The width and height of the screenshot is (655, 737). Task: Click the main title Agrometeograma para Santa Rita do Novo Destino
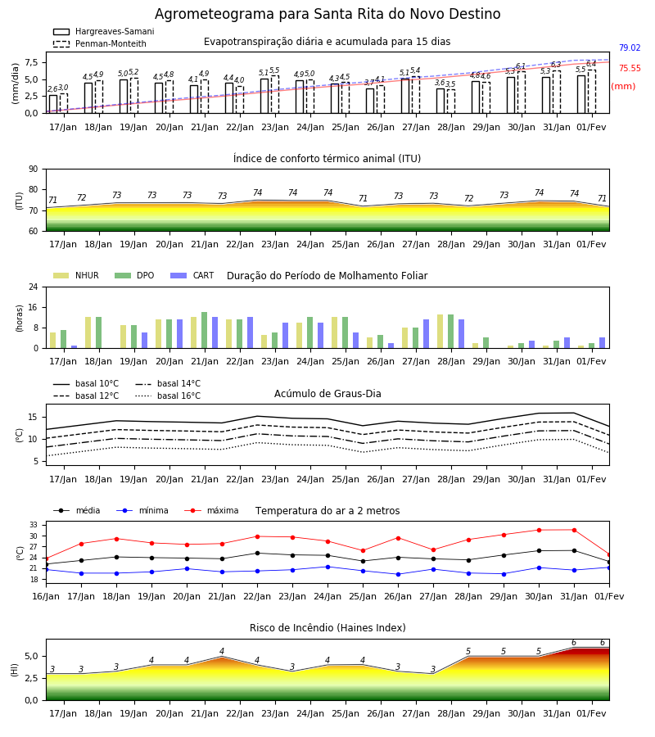click(x=327, y=14)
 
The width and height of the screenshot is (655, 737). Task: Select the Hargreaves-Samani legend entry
click(x=103, y=31)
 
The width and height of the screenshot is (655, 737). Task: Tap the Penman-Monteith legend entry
click(x=100, y=43)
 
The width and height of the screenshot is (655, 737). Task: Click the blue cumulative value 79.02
click(x=630, y=48)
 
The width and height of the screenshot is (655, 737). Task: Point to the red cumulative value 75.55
click(x=630, y=69)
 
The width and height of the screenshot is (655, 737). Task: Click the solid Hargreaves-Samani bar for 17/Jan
click(x=53, y=104)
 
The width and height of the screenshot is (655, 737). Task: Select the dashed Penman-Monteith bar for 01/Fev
click(x=592, y=92)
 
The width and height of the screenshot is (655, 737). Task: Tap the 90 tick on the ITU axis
click(x=34, y=170)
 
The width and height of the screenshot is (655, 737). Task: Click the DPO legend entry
click(x=134, y=275)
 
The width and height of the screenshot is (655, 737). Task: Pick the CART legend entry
click(x=192, y=275)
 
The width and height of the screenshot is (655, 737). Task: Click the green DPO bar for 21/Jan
click(x=205, y=331)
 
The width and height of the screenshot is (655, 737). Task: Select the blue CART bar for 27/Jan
click(x=427, y=334)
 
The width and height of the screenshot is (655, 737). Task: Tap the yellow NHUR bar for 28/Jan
click(x=440, y=332)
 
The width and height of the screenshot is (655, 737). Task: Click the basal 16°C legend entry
click(x=168, y=396)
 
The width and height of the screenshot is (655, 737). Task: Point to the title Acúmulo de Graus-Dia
click(x=327, y=394)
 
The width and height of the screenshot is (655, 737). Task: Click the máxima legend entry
click(x=211, y=510)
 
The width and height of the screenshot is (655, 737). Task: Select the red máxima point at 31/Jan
click(x=574, y=530)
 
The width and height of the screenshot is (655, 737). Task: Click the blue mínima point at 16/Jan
click(x=47, y=570)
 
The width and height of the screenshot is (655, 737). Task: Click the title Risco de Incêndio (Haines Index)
click(x=327, y=628)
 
